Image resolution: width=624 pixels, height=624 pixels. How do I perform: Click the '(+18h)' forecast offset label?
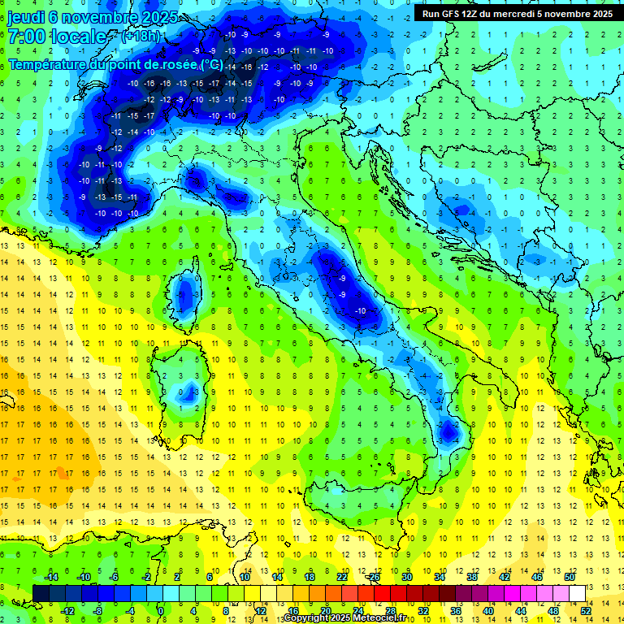141,37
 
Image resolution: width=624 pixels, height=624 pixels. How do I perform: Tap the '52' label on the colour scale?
586,610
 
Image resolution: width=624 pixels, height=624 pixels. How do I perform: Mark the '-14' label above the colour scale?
50,577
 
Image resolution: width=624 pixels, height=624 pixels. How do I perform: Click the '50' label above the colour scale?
570,577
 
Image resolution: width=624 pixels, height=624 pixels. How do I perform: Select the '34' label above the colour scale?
440,577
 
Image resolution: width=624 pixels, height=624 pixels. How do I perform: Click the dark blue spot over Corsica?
186,293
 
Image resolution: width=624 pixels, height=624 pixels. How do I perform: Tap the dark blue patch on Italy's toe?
447,430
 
